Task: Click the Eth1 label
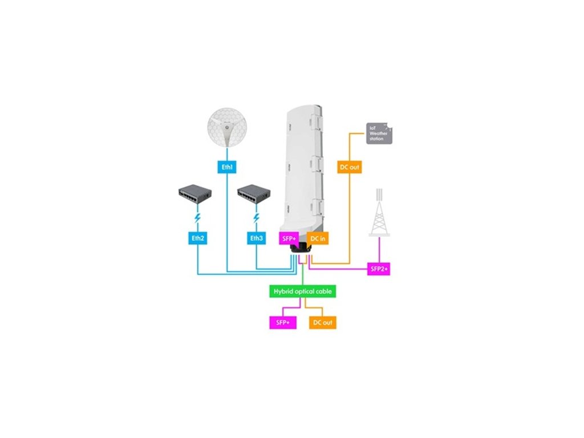pos(228,168)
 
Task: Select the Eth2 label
pos(197,238)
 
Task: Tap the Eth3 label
pos(256,238)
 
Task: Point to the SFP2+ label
pos(379,269)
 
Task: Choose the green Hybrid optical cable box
pos(302,291)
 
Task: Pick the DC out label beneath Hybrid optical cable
pos(323,322)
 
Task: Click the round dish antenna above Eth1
pos(228,129)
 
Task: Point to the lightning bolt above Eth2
pos(197,219)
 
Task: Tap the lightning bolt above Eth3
pos(256,219)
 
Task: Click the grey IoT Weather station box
pos(379,133)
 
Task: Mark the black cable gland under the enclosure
pos(301,249)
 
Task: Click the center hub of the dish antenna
pos(228,129)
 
